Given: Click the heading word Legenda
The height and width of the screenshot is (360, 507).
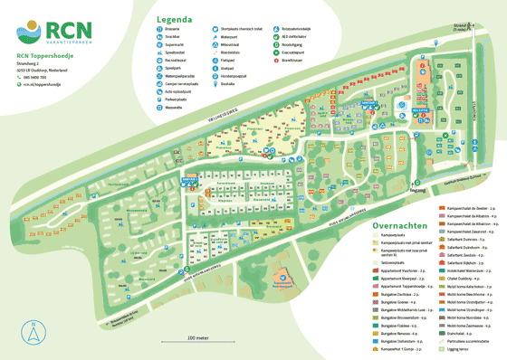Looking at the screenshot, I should pos(175,18).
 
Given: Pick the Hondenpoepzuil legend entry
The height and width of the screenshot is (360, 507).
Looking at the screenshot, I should pos(256,76).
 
